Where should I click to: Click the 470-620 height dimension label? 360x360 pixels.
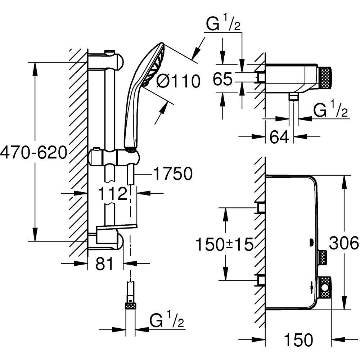coord(34,153)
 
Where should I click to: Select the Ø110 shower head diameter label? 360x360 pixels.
coord(178,82)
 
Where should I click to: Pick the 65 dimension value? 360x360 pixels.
coord(222,79)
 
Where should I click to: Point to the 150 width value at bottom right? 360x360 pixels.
coord(298,339)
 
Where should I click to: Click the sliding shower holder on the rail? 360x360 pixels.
coord(113,157)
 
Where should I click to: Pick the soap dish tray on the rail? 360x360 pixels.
coord(117,228)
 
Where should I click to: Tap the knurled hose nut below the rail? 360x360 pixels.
coord(130,306)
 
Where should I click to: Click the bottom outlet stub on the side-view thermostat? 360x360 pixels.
coord(294,96)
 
